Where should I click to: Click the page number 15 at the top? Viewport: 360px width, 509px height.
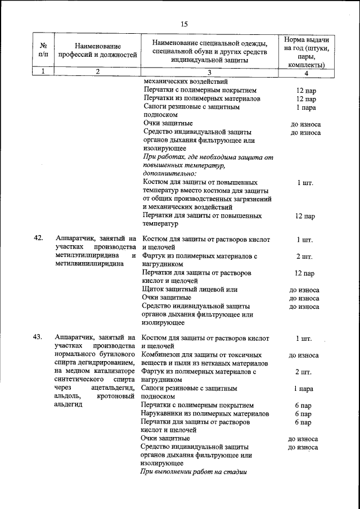click(x=183, y=24)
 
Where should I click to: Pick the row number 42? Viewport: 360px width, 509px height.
click(x=39, y=238)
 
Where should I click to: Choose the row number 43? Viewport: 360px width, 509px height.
click(x=39, y=337)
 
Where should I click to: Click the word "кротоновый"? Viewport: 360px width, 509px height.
click(x=116, y=397)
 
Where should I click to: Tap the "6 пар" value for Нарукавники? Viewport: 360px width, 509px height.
click(x=303, y=413)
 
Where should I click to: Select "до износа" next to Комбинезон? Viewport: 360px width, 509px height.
click(x=304, y=355)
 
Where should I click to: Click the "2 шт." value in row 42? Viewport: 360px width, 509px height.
click(x=304, y=257)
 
